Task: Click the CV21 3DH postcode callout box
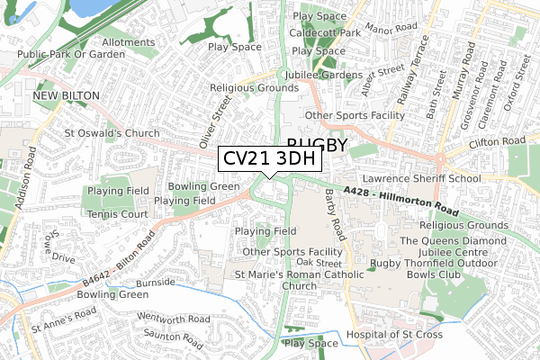[x=268, y=158]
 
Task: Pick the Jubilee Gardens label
[x=323, y=75]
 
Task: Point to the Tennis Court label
[x=118, y=214]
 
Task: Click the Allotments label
[x=128, y=42]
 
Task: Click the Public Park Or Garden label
[x=68, y=54]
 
